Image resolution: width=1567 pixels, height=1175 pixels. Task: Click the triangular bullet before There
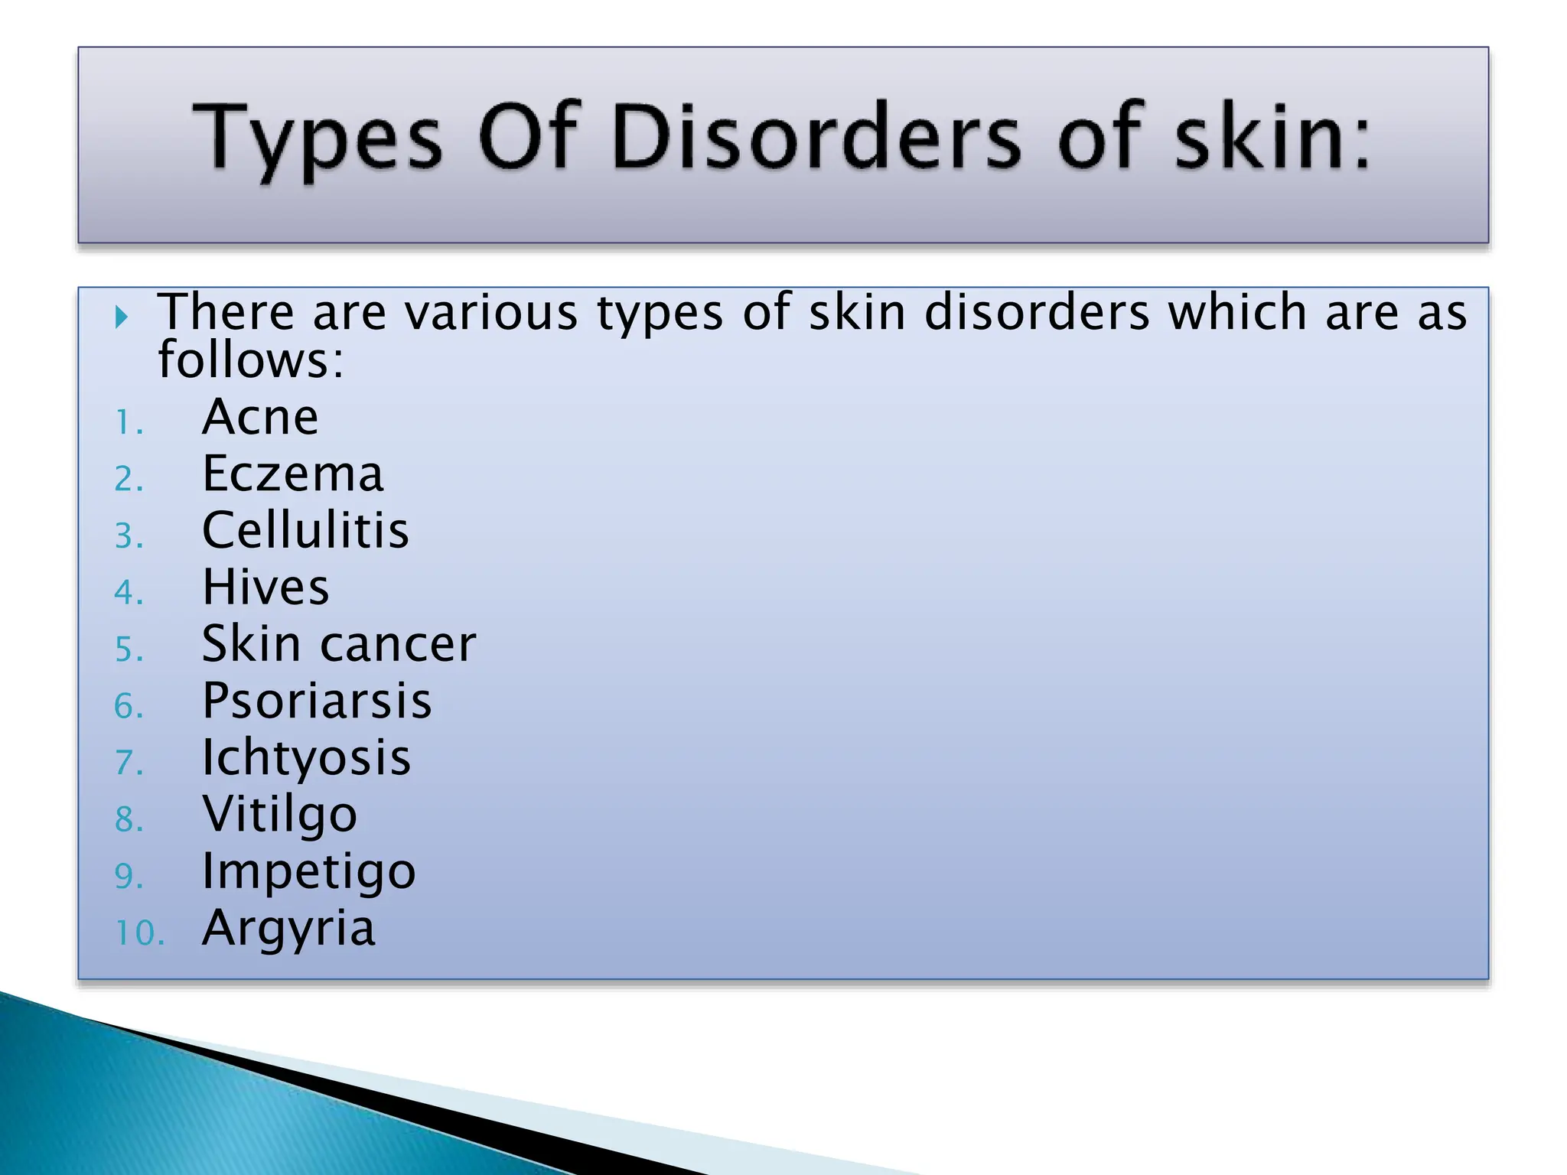[121, 316]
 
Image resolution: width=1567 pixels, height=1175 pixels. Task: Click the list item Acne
[260, 418]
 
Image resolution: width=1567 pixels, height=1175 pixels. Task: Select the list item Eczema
[292, 474]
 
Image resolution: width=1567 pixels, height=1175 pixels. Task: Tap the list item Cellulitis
[305, 530]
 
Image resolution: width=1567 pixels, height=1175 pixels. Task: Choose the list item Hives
[266, 587]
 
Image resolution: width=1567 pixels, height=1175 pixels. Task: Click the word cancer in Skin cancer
[398, 644]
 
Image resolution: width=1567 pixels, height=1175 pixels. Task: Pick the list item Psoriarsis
[317, 701]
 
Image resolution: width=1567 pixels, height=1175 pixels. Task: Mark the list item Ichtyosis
[306, 757]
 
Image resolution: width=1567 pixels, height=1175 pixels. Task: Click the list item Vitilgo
[279, 814]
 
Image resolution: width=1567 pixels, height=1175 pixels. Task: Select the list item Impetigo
[308, 871]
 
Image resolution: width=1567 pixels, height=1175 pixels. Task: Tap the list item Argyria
[288, 928]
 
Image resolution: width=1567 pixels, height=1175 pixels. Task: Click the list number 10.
[139, 933]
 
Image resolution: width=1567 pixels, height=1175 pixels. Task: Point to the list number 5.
[129, 649]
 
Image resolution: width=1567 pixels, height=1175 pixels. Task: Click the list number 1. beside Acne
[129, 423]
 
